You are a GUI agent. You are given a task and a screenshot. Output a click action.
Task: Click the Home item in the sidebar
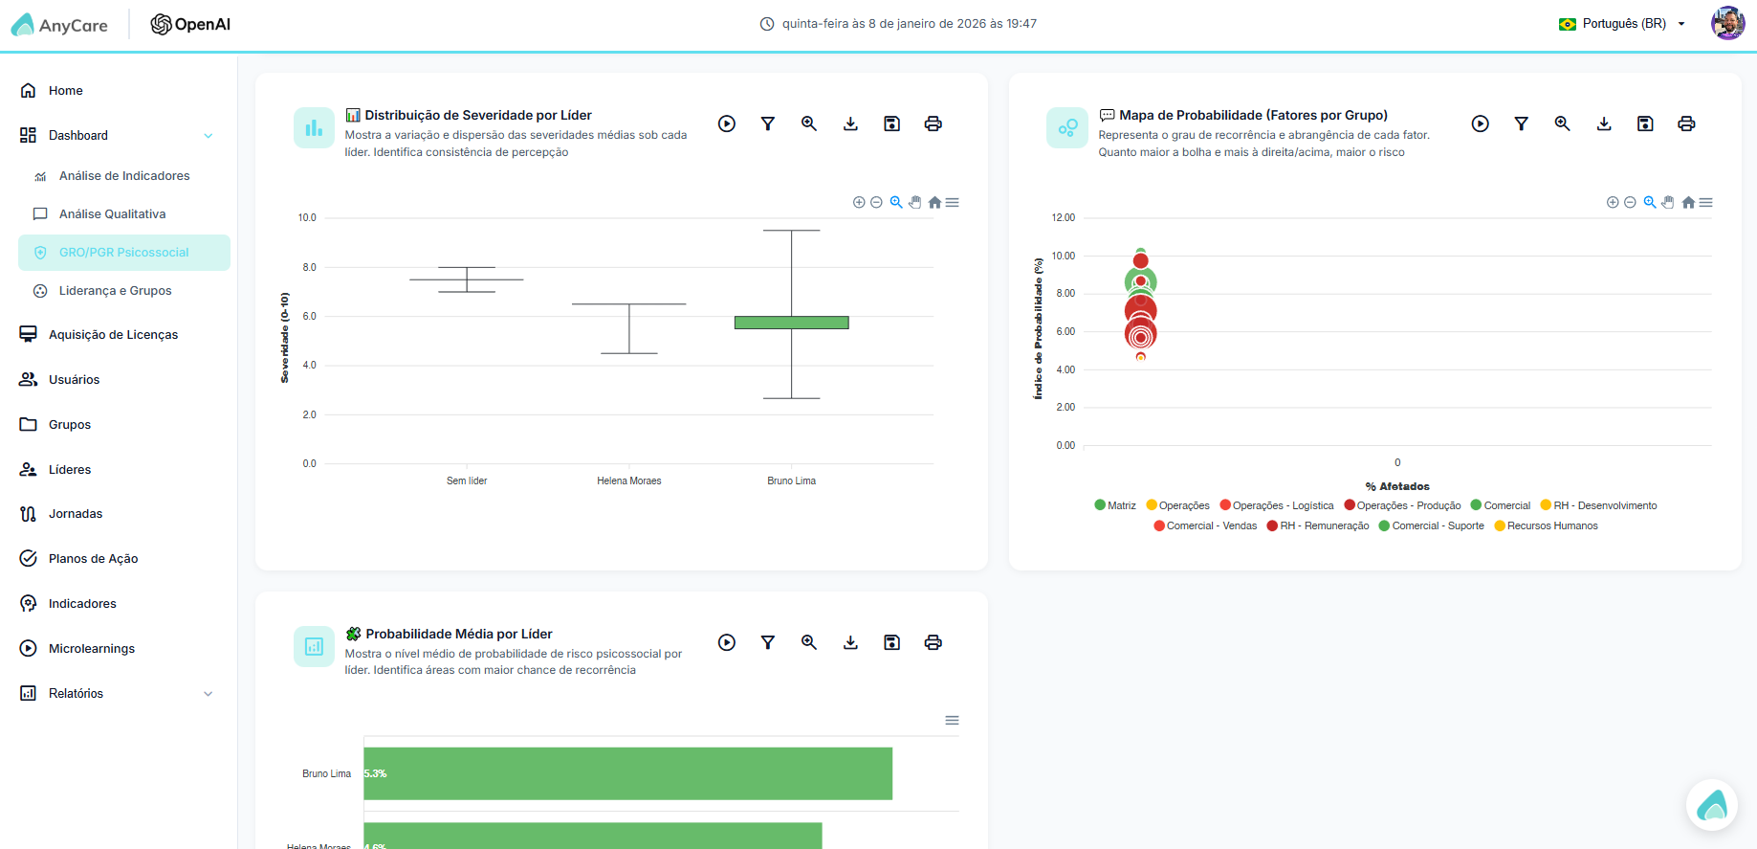[x=65, y=91]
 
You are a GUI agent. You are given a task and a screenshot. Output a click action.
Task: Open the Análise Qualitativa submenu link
[x=112, y=214]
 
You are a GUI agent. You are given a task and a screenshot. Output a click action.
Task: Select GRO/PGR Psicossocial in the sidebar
[x=124, y=253]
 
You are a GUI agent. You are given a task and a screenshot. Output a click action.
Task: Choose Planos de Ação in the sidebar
[x=93, y=559]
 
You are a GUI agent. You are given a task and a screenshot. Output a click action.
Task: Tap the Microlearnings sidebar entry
[x=91, y=649]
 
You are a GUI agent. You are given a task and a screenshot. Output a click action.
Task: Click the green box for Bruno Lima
[x=791, y=323]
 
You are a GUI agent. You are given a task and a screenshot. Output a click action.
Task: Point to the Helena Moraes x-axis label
[x=629, y=481]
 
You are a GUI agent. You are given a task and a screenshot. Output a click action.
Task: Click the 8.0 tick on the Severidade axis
[x=309, y=268]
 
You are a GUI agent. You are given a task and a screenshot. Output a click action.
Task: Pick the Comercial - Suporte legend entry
[x=1432, y=526]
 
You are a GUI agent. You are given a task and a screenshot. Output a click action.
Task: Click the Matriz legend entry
[x=1115, y=506]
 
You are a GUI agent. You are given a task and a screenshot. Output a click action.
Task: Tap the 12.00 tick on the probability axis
[x=1064, y=218]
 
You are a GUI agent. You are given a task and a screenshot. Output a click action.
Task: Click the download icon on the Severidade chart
[x=850, y=123]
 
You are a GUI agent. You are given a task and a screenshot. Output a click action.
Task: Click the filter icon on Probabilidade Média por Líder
[x=768, y=642]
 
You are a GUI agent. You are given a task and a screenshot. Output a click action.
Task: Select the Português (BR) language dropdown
[x=1623, y=24]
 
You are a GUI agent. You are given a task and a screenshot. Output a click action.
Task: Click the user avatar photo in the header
[x=1727, y=23]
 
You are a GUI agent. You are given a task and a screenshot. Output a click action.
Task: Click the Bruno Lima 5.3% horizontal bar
[x=627, y=773]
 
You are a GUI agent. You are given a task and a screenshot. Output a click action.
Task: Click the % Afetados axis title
[x=1397, y=487]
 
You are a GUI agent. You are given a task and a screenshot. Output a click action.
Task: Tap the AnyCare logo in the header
[x=59, y=25]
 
